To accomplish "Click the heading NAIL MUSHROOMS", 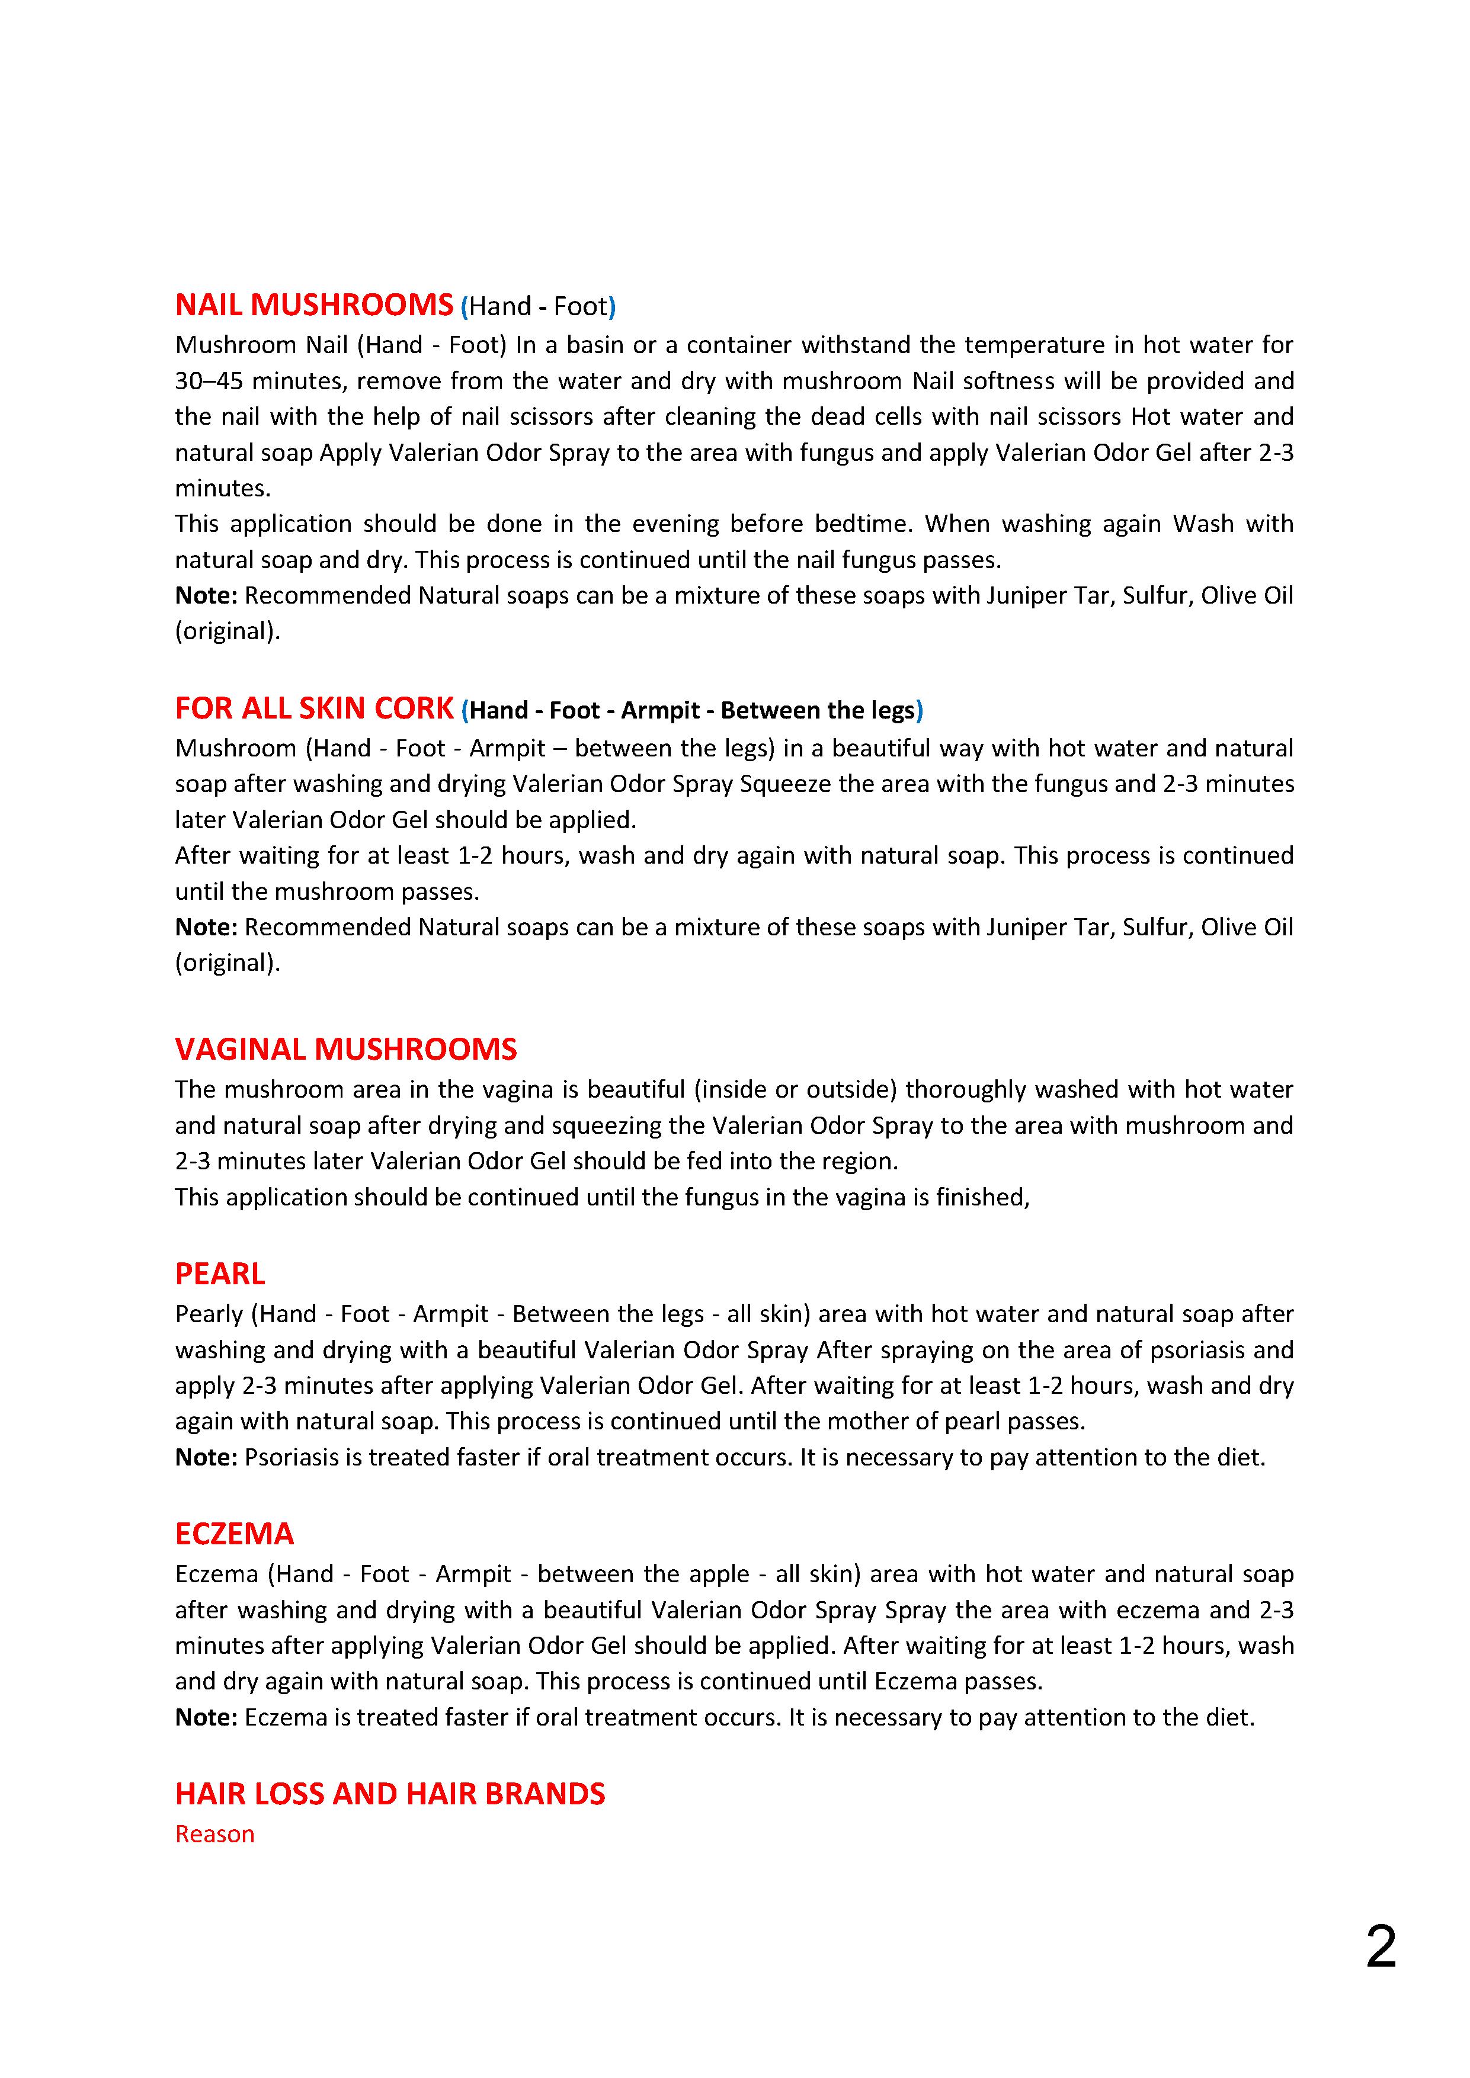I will click(313, 305).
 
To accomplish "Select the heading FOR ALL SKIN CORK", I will click(313, 708).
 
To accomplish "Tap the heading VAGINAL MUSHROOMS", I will click(346, 1049).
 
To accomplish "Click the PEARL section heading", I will click(220, 1274).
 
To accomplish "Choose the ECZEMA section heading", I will click(235, 1534).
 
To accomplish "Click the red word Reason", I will click(214, 1833).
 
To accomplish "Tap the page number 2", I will click(1381, 1946).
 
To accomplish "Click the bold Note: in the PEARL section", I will click(206, 1457).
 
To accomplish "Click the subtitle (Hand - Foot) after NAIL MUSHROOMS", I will click(539, 306).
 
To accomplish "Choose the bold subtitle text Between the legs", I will click(818, 710).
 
